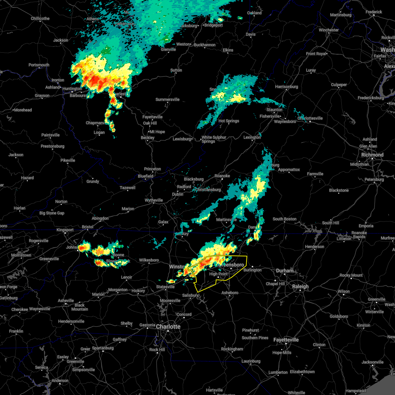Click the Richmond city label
pos(372,155)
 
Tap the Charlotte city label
pos(168,327)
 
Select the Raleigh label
pos(301,286)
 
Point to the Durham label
pos(285,271)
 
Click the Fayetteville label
pos(286,340)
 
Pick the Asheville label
pos(66,301)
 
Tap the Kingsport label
pos(65,230)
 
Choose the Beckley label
pos(147,138)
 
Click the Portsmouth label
pos(39,65)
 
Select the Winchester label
pos(329,30)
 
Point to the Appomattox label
pos(289,170)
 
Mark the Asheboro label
pos(230,293)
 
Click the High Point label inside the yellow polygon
pos(218,274)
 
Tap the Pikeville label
pos(68,160)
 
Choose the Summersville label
pos(168,99)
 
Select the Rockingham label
pos(232,349)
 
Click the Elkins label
pos(228,50)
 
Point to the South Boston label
pos(284,219)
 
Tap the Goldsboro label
pos(339,316)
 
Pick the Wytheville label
pos(154,200)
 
